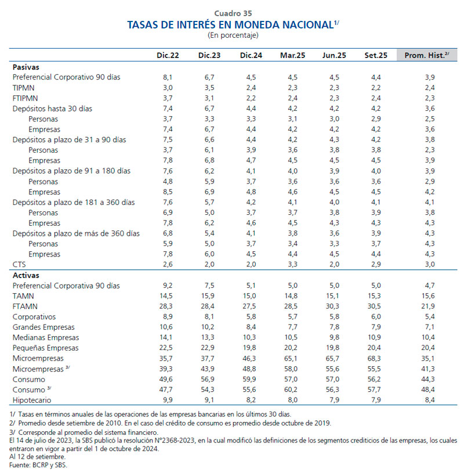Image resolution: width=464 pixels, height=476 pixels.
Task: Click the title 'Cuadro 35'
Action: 233,13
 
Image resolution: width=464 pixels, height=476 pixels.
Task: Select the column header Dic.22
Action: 168,55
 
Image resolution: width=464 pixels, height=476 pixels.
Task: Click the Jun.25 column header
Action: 334,55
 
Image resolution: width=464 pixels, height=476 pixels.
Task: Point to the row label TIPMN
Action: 24,87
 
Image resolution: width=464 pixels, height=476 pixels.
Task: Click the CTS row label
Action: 19,265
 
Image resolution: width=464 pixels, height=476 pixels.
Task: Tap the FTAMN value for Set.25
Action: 375,306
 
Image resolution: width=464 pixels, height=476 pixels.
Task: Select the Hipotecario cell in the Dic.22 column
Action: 168,400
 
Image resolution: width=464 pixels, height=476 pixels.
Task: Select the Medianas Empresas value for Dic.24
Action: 250,337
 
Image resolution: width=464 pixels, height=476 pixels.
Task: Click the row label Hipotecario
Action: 32,400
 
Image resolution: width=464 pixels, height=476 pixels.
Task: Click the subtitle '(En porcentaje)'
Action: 233,35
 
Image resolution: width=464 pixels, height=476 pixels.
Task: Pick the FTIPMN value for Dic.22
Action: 168,98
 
